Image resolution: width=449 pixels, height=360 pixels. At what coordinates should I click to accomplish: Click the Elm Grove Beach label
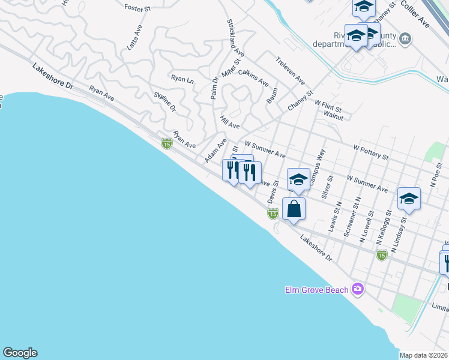point(316,290)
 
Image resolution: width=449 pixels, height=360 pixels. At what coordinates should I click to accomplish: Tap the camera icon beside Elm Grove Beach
point(358,290)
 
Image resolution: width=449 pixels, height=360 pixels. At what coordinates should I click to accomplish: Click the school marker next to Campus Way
point(298,179)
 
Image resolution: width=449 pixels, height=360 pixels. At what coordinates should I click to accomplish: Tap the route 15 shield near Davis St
point(273,214)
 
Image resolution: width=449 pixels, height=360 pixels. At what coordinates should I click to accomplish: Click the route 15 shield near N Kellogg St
point(381,255)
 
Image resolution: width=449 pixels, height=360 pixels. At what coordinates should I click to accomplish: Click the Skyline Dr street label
point(164,102)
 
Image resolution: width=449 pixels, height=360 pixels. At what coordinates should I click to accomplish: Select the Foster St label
point(136,8)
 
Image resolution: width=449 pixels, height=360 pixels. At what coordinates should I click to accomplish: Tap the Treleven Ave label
point(291,71)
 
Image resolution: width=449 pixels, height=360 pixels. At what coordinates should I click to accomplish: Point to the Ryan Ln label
point(182,79)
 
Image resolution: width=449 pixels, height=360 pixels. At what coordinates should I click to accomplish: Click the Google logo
point(20,353)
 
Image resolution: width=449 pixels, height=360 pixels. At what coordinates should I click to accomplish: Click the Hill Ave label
point(229,122)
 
